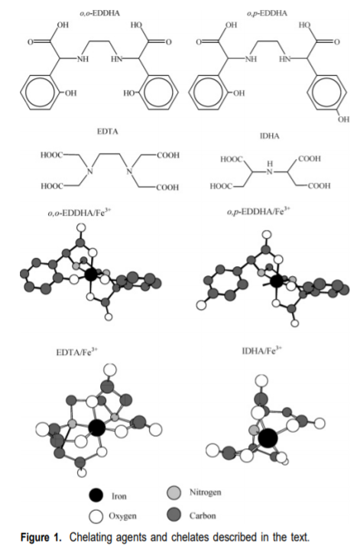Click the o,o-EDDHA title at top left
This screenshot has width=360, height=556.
tap(99, 14)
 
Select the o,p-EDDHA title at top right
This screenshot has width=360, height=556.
tap(267, 14)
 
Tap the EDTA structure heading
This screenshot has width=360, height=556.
tap(107, 132)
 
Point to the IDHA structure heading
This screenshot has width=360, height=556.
tap(269, 136)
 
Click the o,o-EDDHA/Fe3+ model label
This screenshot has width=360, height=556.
tap(79, 213)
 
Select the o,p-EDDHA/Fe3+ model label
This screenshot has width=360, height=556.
tap(258, 211)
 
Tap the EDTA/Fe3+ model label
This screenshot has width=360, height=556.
tap(77, 352)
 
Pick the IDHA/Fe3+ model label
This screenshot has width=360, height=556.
tap(262, 351)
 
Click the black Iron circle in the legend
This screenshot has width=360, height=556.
tap(96, 495)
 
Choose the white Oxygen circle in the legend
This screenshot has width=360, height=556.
tap(96, 516)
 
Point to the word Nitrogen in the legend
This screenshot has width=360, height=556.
tap(205, 493)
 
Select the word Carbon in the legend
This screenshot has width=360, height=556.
tap(203, 515)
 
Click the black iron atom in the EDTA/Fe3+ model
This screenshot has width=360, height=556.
tap(97, 428)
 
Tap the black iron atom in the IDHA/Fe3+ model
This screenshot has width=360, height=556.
tap(268, 438)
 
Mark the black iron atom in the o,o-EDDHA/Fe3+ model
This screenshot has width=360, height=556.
tap(91, 274)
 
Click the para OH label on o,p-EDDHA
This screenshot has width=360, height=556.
tap(343, 119)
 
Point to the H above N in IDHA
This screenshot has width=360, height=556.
tap(270, 164)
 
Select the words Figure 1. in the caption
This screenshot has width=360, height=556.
tap(41, 537)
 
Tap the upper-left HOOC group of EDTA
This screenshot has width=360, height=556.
tap(52, 155)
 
